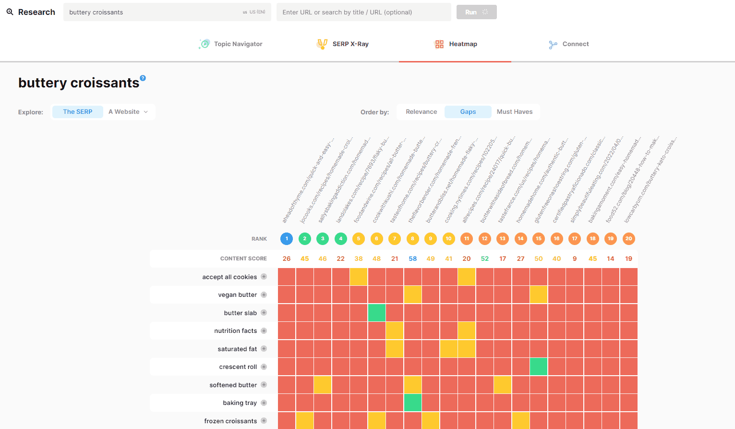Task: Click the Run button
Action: click(476, 12)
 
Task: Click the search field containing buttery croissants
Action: click(154, 12)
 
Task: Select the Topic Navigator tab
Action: click(231, 44)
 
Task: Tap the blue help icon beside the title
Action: click(143, 78)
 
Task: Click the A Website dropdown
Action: click(128, 112)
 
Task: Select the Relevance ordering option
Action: click(421, 112)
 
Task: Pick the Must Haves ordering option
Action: click(515, 112)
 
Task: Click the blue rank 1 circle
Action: click(287, 239)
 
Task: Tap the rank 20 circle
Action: click(628, 239)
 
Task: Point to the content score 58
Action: click(412, 258)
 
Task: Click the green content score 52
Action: click(485, 258)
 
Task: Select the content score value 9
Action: click(575, 258)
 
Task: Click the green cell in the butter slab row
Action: click(377, 313)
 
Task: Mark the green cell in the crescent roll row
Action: click(539, 367)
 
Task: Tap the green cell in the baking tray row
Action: click(412, 403)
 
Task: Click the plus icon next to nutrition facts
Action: click(264, 331)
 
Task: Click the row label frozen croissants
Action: click(230, 421)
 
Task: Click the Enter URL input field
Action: click(363, 12)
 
